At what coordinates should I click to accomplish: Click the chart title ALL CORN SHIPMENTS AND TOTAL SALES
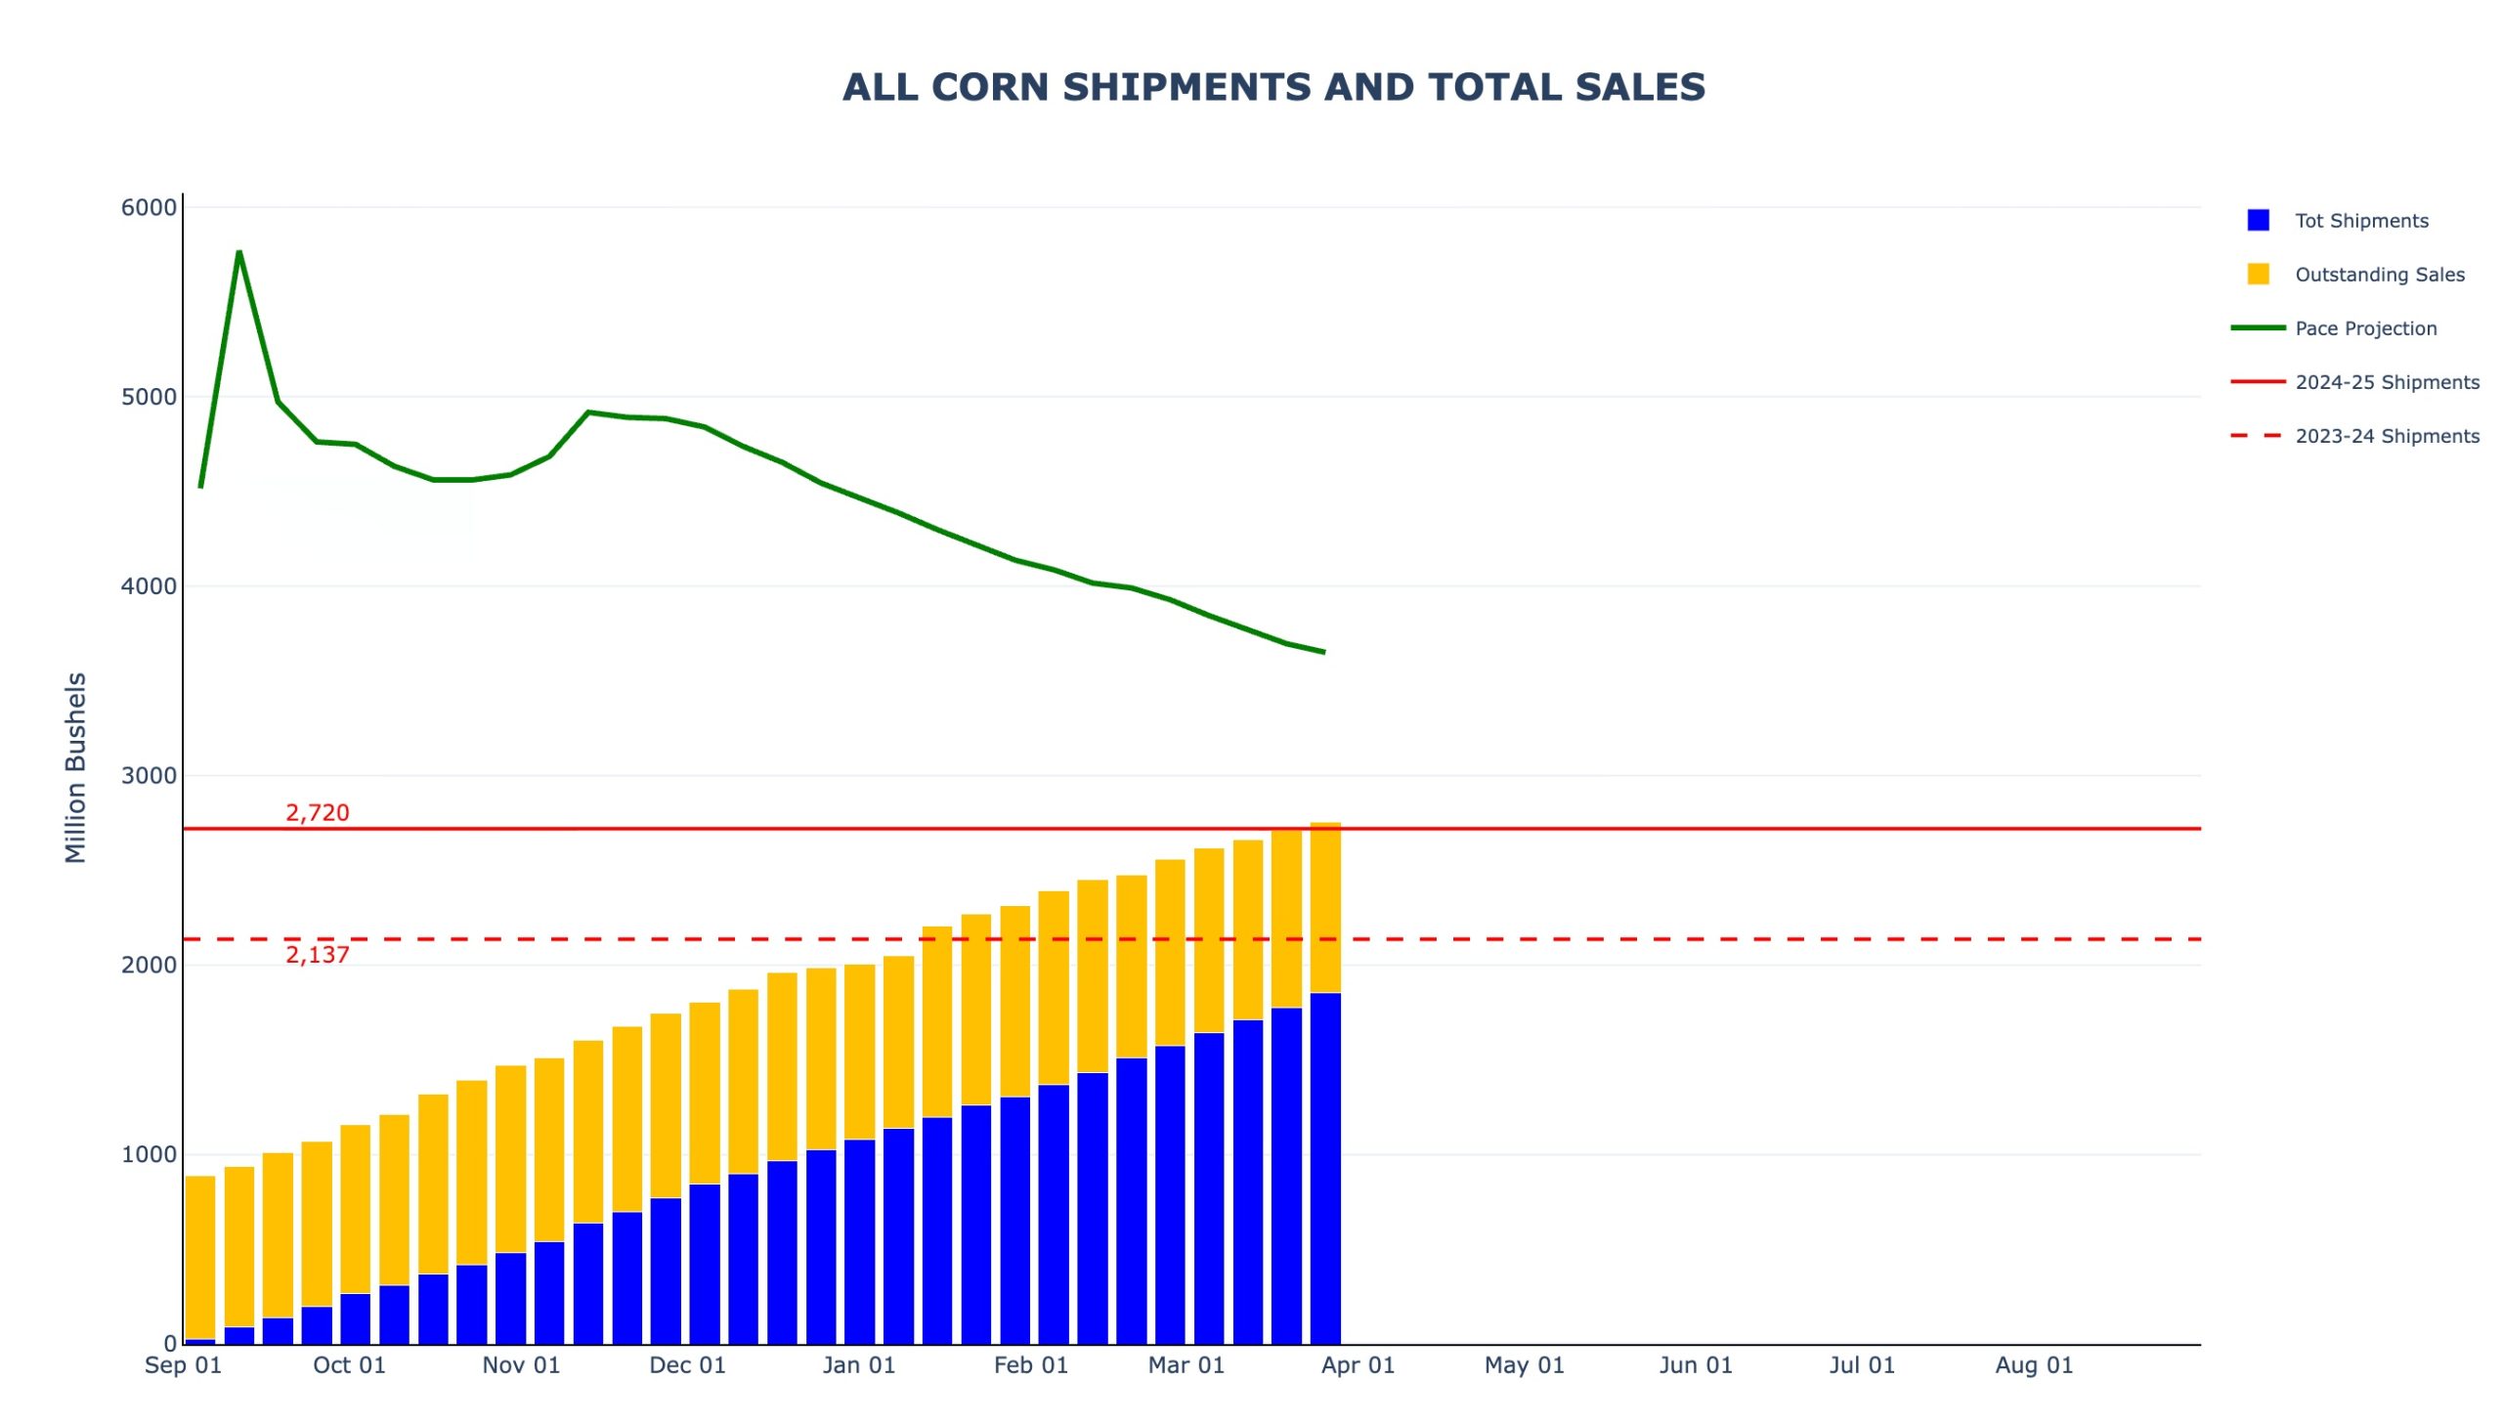coord(1273,87)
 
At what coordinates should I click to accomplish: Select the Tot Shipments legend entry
coord(2359,221)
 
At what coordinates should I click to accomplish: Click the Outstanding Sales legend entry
coord(2378,275)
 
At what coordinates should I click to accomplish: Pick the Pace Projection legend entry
coord(2364,328)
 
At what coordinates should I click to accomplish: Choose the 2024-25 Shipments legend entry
coord(2386,382)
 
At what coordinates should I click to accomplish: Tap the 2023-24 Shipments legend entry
coord(2386,436)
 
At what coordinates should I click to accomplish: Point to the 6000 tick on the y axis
coord(149,207)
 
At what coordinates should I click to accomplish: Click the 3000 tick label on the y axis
coord(149,776)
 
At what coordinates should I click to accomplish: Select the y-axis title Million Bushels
coord(75,768)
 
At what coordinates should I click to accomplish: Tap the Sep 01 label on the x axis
coord(183,1365)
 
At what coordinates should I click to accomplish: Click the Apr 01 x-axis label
coord(1358,1365)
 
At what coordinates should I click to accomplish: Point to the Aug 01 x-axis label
coord(2033,1365)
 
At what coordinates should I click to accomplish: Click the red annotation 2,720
coord(317,813)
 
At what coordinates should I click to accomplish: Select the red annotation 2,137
coord(317,956)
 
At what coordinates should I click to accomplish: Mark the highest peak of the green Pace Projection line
coord(238,252)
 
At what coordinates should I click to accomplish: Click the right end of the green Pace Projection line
coord(1323,651)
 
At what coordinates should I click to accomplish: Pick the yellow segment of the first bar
coord(199,1257)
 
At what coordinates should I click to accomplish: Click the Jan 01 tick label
coord(858,1365)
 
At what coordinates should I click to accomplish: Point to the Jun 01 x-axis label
coord(1695,1365)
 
